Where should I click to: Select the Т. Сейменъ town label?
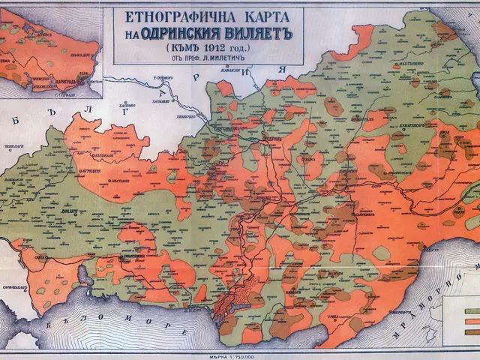(x=160, y=77)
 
